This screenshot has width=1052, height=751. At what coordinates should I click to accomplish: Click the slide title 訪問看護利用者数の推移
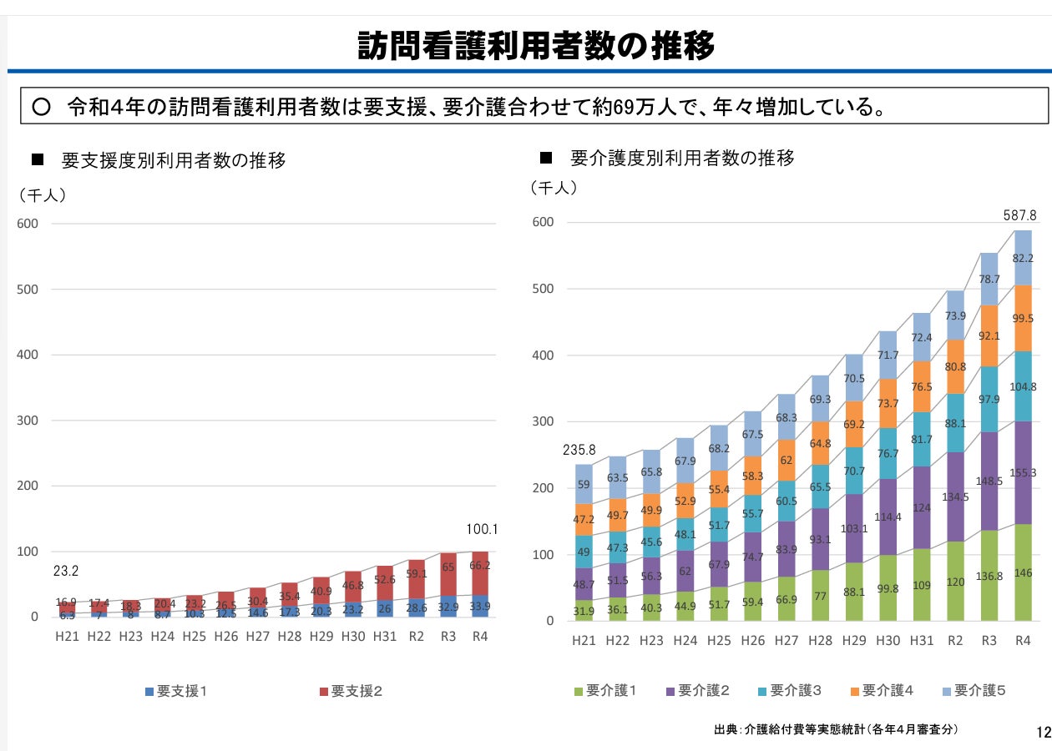coord(536,46)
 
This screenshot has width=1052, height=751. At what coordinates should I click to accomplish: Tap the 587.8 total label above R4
coord(1019,215)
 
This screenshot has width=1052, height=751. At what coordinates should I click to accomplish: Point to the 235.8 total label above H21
coord(580,450)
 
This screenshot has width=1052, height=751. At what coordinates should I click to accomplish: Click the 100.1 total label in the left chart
coord(483,528)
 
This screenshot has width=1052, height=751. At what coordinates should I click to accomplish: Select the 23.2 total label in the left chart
coord(66,572)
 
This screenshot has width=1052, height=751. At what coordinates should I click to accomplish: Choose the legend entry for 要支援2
coord(351,691)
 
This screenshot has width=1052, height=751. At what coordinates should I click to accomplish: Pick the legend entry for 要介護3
coord(788,690)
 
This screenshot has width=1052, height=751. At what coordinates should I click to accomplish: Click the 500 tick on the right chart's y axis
coord(543,290)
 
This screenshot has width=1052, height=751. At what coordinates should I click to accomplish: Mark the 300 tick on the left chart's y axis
coord(28,421)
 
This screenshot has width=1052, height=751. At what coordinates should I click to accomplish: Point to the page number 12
coord(1042,733)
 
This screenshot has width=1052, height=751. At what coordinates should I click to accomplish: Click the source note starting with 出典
coord(836,729)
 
